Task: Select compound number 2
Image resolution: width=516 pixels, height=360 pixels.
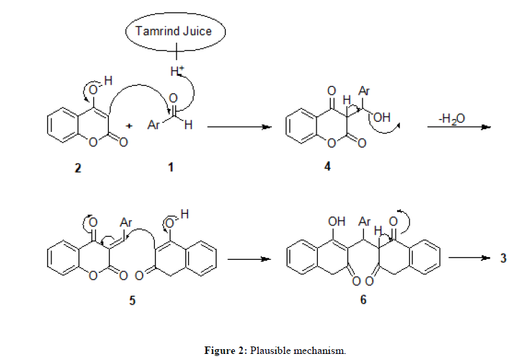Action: point(78,168)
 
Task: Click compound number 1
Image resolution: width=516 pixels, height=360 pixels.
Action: point(171,168)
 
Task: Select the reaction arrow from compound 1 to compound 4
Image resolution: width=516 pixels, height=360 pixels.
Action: point(235,127)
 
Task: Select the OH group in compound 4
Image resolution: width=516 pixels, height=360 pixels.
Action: point(382,118)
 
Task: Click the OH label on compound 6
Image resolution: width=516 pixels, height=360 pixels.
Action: point(336,221)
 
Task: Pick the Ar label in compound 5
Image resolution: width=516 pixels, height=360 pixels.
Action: point(125,221)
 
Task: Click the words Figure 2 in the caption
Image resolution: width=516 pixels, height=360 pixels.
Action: point(225,351)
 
